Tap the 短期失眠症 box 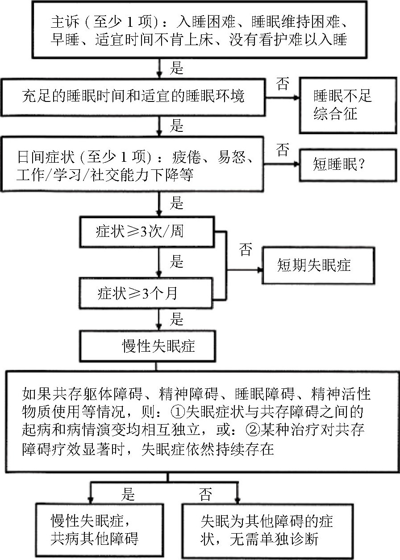tap(317, 265)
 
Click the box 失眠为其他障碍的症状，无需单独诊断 tap(267, 531)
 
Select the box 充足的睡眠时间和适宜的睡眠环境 tap(134, 97)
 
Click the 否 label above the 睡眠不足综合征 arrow tap(283, 84)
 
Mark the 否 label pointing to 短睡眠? tap(283, 150)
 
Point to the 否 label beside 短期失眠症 tap(246, 249)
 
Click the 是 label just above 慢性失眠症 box tap(178, 319)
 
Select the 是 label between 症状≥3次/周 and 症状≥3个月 tap(178, 261)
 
